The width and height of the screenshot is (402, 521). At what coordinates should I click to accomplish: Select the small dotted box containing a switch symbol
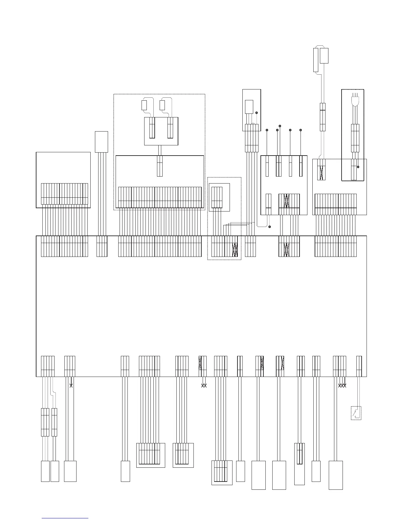coord(356,413)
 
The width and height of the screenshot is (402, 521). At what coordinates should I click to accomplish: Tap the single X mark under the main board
coord(71,385)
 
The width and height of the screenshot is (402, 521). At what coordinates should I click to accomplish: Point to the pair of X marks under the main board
coord(203,385)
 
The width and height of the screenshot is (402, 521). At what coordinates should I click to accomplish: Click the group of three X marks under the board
coord(342,385)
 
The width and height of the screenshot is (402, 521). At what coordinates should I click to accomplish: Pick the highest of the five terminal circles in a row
coord(280,126)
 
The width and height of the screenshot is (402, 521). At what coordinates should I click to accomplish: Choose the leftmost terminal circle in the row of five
coord(267,131)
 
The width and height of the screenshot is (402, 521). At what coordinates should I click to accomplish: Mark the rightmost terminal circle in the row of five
coord(301,131)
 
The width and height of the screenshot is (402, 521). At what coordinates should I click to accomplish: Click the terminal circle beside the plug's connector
coord(358,167)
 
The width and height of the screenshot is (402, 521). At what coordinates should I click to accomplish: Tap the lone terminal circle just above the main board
coord(269,227)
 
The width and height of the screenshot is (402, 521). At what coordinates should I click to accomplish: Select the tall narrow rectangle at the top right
coord(316,60)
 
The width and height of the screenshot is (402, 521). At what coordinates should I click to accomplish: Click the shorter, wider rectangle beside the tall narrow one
coord(324,56)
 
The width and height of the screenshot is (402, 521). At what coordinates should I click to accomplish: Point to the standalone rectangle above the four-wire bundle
coord(101,142)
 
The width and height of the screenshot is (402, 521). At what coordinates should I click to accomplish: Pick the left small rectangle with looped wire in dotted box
coord(144,105)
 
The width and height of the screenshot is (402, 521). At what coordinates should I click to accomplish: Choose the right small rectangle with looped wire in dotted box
coord(162,105)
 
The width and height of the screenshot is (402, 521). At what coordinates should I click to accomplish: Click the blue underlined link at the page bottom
coord(65,518)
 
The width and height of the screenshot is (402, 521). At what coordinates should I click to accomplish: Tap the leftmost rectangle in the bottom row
coord(45,471)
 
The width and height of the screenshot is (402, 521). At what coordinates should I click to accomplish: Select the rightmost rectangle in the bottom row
coord(336,475)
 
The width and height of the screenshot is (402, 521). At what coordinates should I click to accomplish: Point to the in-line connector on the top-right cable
coord(323,117)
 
